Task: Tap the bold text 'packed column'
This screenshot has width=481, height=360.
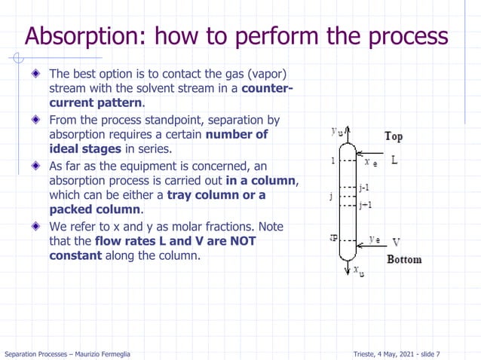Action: [95, 209]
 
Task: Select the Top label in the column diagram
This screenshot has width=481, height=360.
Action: [394, 136]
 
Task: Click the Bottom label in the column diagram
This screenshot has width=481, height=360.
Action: [404, 260]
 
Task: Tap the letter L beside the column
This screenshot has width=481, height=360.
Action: [394, 160]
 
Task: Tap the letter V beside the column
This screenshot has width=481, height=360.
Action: [396, 242]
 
